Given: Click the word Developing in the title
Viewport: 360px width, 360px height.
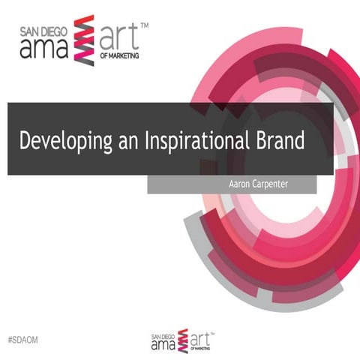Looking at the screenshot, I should click(64, 140).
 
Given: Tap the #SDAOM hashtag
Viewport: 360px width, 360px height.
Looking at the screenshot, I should click(22, 340).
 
